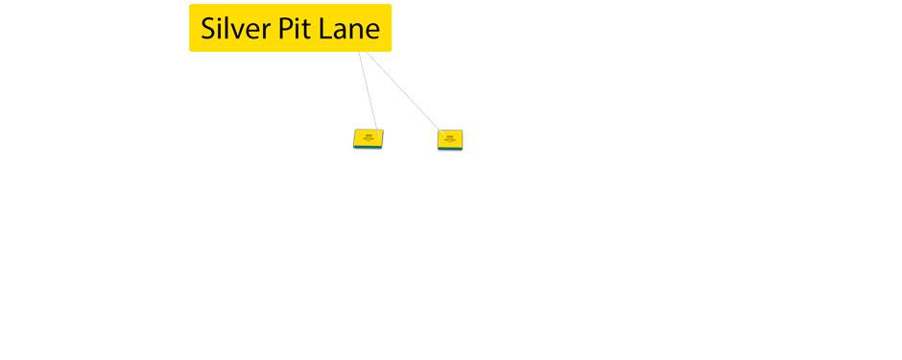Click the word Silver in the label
[236, 29]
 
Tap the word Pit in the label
[295, 29]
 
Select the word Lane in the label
[349, 29]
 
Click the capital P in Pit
[284, 29]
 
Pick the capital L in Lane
[324, 29]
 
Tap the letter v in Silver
[240, 31]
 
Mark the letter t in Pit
[307, 30]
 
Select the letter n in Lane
[355, 32]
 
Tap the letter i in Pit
[297, 29]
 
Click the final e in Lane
[371, 32]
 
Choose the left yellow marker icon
[368, 138]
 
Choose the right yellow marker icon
[450, 139]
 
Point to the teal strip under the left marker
[368, 147]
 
